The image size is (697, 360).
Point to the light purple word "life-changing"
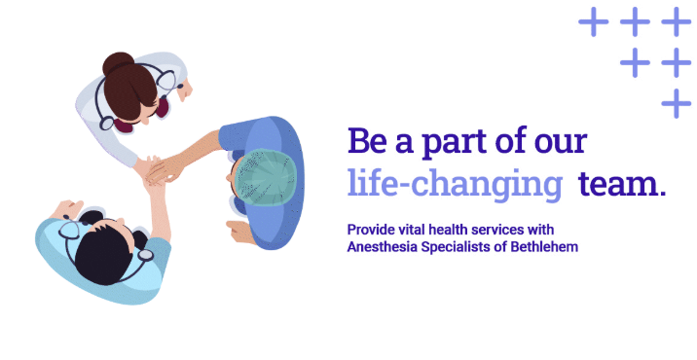pyautogui.click(x=455, y=185)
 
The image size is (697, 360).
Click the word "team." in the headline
pyautogui.click(x=622, y=184)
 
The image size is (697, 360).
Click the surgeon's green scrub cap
pyautogui.click(x=266, y=177)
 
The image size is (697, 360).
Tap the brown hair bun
pyautogui.click(x=118, y=63)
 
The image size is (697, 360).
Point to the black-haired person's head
pyautogui.click(x=104, y=253)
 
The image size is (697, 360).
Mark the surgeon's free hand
pyautogui.click(x=239, y=232)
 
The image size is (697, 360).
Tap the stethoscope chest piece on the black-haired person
pyautogui.click(x=145, y=255)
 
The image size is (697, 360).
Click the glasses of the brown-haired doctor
pyautogui.click(x=165, y=80)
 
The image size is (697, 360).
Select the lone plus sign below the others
pyautogui.click(x=677, y=103)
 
